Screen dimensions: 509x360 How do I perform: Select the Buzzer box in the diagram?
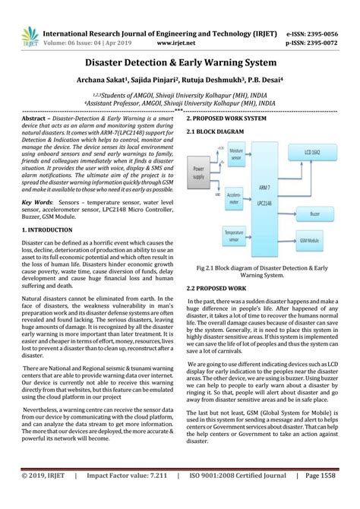325,214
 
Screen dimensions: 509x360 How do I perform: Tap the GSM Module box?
325,239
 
